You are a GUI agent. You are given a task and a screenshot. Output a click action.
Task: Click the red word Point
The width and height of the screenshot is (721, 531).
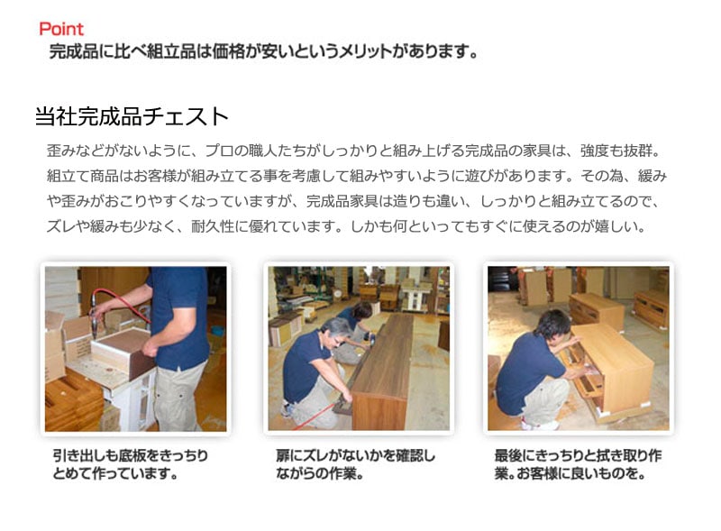(61, 29)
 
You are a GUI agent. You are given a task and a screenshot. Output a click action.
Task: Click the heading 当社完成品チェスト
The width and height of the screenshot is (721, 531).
(132, 116)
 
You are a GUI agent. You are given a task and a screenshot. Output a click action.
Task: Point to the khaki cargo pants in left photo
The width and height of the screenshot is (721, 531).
(178, 396)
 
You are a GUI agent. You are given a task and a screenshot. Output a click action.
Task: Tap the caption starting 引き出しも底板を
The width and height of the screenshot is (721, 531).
(131, 464)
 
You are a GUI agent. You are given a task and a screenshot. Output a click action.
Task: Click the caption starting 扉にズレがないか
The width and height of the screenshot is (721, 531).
(355, 464)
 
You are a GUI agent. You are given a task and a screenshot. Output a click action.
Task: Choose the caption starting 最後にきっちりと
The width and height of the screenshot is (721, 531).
(578, 464)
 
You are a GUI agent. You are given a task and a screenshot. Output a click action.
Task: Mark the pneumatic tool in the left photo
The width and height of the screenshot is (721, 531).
(96, 317)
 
